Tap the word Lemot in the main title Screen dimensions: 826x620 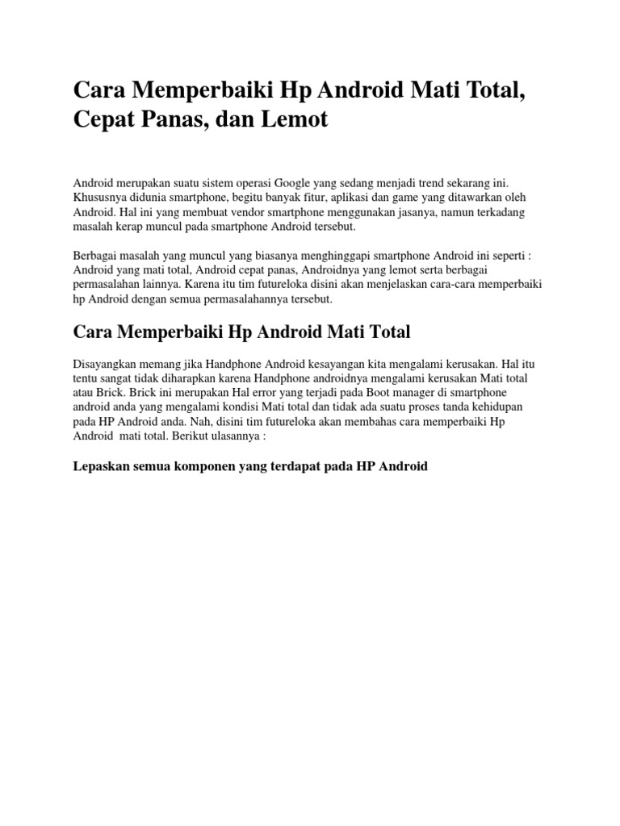pos(294,120)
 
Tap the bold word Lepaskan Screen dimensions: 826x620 pos(101,467)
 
